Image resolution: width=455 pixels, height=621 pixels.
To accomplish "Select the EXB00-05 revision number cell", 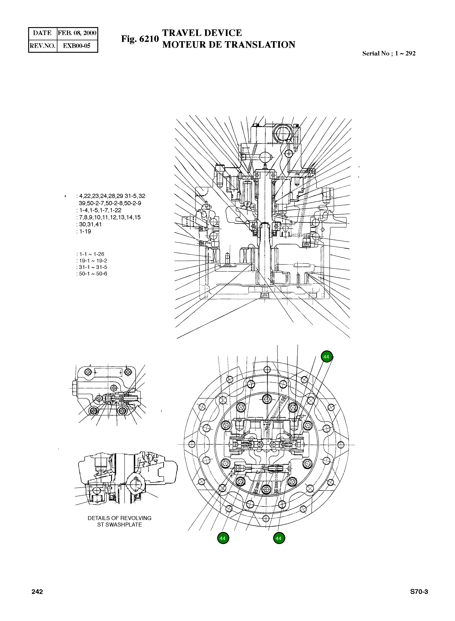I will (77, 46).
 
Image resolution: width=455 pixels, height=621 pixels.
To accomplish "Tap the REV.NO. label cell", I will (43, 46).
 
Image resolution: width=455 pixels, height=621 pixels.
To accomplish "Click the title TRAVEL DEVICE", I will (202, 33).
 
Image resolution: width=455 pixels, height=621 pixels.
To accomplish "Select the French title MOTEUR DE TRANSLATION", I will (229, 45).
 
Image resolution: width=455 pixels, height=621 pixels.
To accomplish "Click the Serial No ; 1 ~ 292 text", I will (389, 53).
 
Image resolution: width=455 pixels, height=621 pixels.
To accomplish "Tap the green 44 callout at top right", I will (326, 357).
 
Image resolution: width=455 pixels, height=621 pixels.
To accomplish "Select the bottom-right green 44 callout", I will (279, 538).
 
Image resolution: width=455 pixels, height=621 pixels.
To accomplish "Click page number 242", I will (37, 592).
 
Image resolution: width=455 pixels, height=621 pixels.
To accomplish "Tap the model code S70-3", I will (419, 592).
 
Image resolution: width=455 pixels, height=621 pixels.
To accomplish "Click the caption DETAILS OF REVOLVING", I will (120, 518).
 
